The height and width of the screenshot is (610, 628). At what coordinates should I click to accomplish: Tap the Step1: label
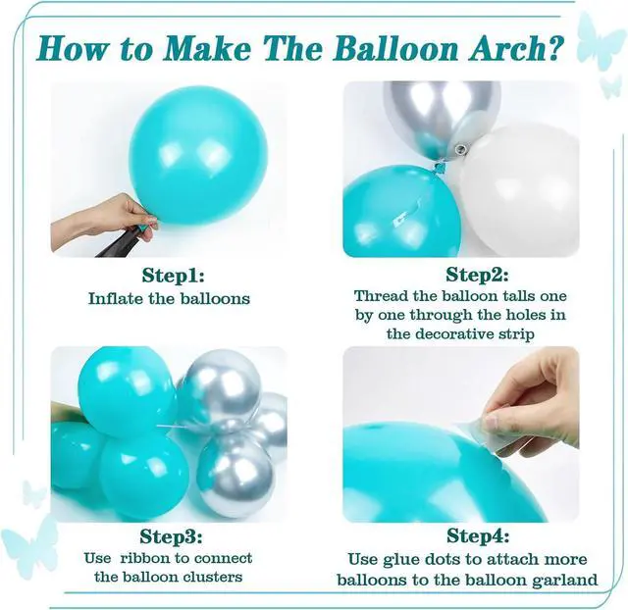point(173,276)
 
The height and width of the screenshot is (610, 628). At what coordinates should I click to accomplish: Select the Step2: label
point(477,275)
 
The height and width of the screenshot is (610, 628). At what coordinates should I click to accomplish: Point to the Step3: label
point(171,537)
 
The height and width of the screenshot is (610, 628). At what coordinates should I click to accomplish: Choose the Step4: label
point(478,535)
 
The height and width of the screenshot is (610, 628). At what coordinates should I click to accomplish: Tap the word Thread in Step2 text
point(376,296)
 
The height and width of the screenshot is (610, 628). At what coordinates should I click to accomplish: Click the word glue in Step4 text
point(399,560)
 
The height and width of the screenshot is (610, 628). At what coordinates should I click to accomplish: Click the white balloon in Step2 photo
point(522,192)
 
